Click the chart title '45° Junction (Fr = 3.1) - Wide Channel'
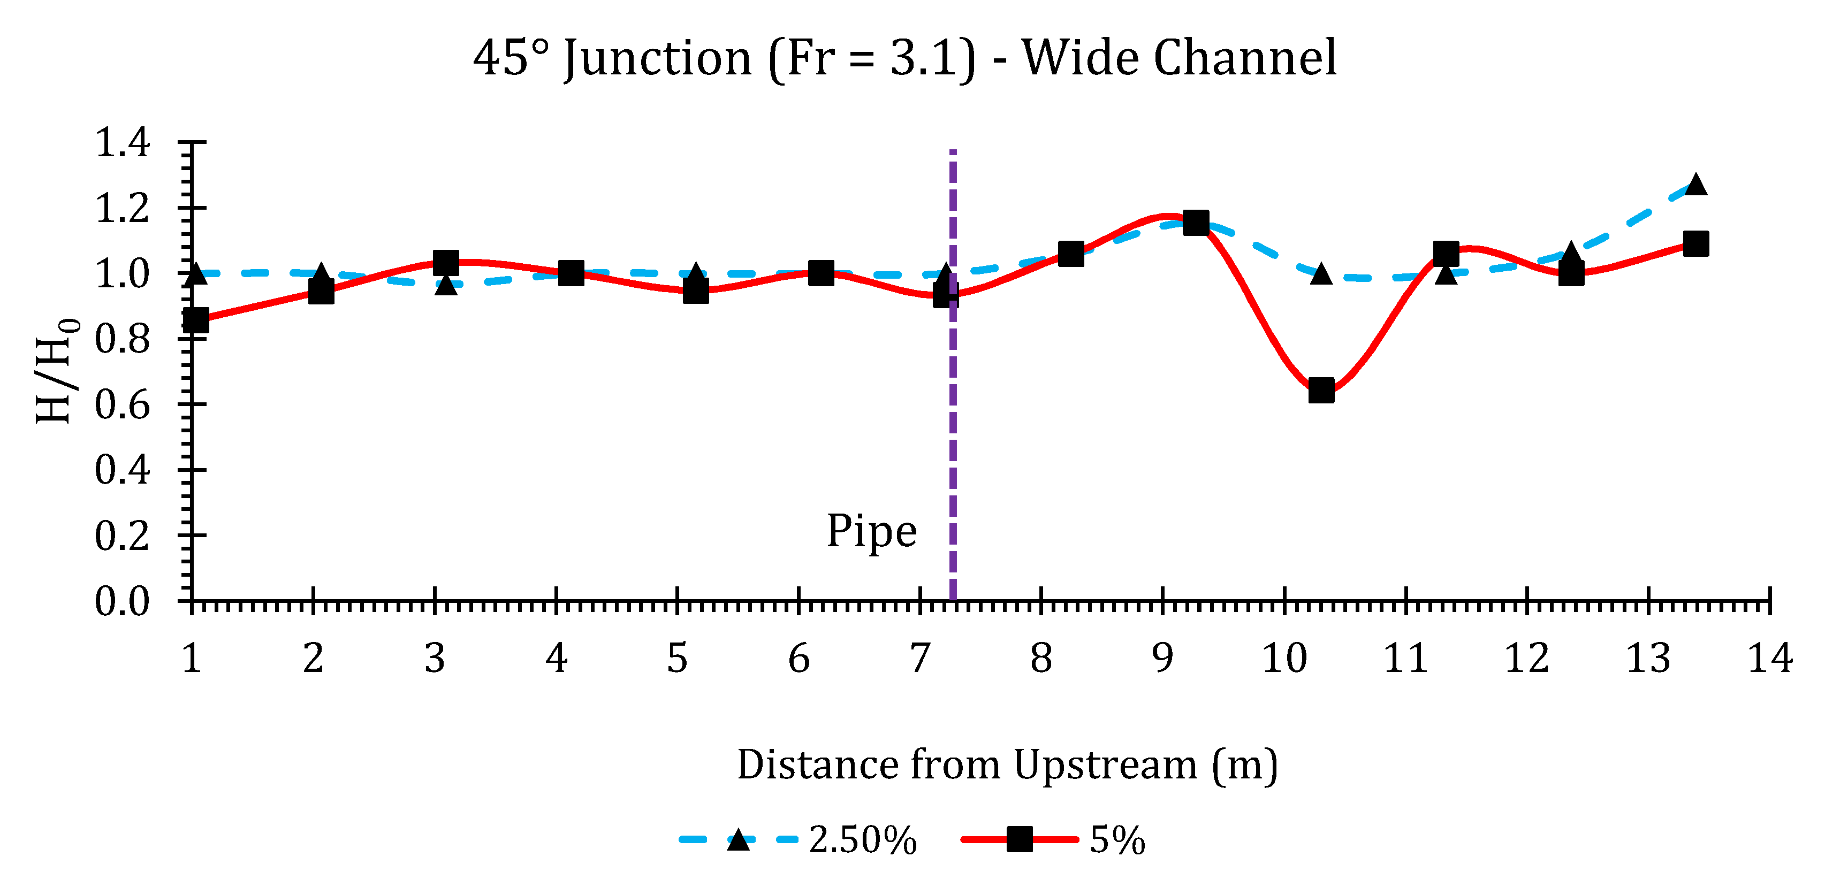coord(904,58)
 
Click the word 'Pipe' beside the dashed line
coord(871,531)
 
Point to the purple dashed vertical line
coord(953,425)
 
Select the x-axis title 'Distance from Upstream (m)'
coord(1007,765)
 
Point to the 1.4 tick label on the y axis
coord(123,142)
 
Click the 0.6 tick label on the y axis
coord(123,404)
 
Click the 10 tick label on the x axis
coord(1284,659)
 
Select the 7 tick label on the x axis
coord(919,659)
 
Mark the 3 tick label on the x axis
coord(434,659)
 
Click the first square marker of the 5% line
coord(195,320)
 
